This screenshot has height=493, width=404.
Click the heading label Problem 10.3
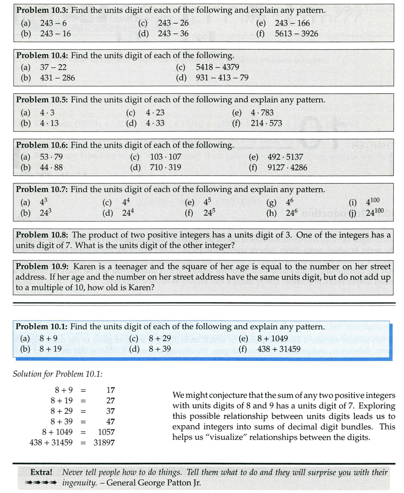point(42,10)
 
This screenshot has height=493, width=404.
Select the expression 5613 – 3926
point(296,34)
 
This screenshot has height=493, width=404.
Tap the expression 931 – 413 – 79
point(222,78)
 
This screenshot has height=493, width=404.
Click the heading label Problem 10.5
point(42,100)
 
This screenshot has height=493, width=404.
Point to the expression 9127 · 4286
point(287,168)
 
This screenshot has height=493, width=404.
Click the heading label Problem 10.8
point(42,235)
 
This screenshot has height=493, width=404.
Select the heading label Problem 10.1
point(42,327)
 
